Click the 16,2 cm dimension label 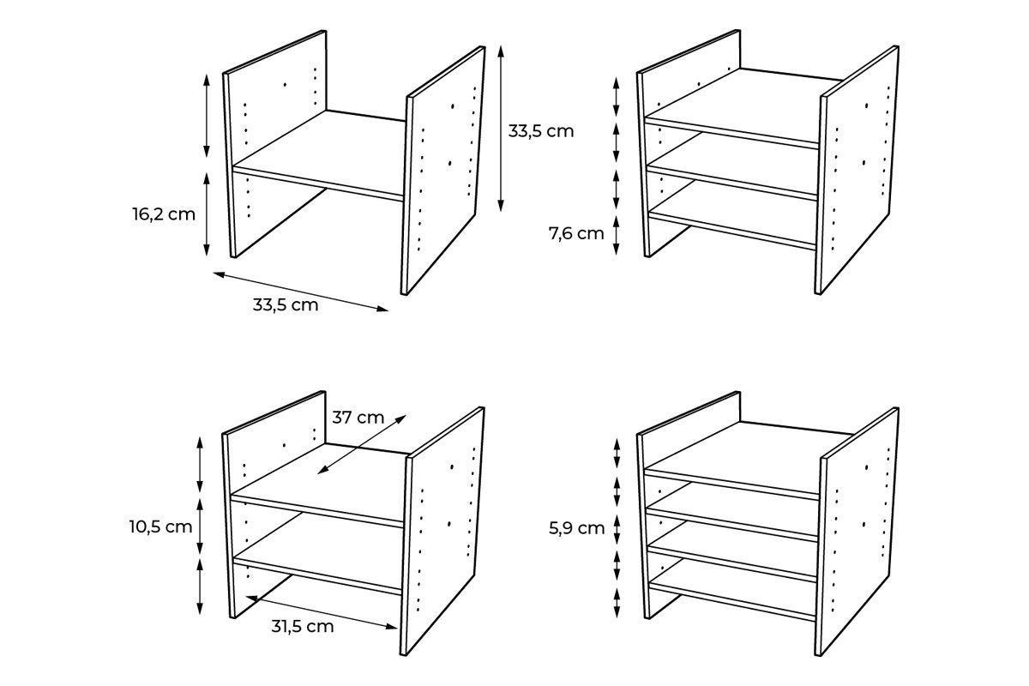pos(164,214)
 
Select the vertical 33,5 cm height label pos(540,131)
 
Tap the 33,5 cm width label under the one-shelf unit pos(286,304)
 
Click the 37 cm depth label pos(358,418)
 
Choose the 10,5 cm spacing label pos(161,527)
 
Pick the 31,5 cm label pos(302,626)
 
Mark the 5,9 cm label pos(579,527)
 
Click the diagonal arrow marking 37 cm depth pos(360,443)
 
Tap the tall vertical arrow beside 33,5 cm pos(501,129)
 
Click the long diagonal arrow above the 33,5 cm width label pos(300,292)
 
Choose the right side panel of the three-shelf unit pos(857,171)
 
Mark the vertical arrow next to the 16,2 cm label pos(207,214)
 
